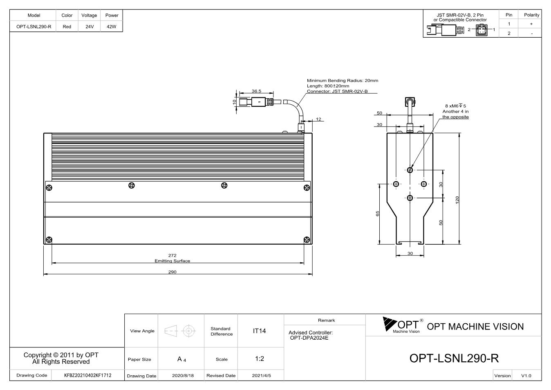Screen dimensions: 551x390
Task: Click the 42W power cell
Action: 112,27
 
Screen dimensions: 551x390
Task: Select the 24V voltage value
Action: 90,27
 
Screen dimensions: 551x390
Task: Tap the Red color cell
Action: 67,27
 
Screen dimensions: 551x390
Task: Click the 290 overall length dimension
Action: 172,272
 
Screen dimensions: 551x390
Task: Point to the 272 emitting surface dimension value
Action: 172,255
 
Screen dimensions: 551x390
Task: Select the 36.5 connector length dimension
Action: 256,91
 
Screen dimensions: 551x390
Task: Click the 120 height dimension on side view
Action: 457,200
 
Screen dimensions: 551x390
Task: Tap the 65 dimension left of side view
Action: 378,214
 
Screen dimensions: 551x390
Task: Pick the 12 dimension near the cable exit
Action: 318,119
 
